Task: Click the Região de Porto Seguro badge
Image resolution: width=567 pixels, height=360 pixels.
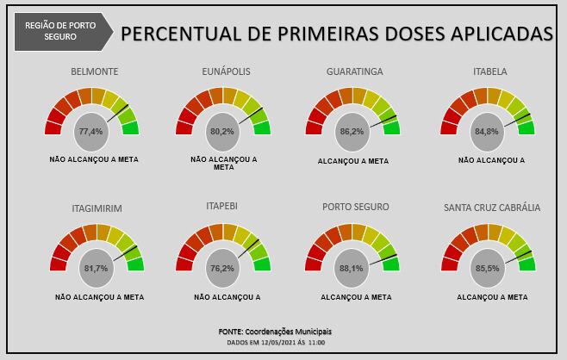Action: tap(63, 32)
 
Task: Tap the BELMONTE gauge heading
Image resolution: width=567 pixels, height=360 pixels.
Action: tap(94, 71)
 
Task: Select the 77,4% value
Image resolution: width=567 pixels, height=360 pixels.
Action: tap(90, 132)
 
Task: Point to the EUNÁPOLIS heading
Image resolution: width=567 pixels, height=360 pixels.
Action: tap(225, 71)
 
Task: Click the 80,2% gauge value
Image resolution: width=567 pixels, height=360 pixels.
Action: tap(221, 132)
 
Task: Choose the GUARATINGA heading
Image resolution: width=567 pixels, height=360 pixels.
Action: tap(354, 71)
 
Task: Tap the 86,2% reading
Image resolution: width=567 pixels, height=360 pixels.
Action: tap(352, 132)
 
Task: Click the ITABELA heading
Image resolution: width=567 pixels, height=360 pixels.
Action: tap(489, 71)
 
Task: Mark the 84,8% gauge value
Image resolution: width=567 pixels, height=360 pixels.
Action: tap(486, 132)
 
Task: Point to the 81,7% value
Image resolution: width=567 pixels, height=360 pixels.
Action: tap(95, 268)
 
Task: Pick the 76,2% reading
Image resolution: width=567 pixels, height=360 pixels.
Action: tap(221, 268)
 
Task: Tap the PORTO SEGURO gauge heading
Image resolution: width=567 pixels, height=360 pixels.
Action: tap(355, 208)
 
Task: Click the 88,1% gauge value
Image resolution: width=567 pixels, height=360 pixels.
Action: tap(352, 268)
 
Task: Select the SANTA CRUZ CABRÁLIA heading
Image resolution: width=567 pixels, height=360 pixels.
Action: tap(492, 208)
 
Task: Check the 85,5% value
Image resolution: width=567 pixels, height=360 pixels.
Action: tap(487, 268)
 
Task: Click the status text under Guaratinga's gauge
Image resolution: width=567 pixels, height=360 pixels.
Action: tap(353, 161)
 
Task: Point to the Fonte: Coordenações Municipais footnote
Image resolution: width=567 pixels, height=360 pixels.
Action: tap(275, 331)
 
